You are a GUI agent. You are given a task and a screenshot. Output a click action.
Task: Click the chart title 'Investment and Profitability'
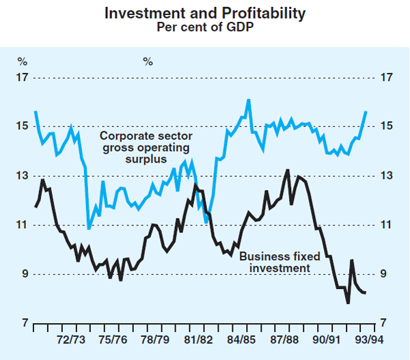tap(205, 13)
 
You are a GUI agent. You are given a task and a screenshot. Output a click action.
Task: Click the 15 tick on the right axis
tap(387, 127)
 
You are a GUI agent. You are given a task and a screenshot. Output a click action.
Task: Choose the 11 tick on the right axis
tap(387, 225)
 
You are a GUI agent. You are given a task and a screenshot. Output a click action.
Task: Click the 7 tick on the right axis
tap(387, 324)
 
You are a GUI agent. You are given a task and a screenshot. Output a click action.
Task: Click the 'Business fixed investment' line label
tap(275, 262)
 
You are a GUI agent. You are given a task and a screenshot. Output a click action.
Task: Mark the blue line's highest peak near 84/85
tap(248, 100)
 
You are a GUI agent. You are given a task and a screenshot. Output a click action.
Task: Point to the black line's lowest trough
tap(348, 303)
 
